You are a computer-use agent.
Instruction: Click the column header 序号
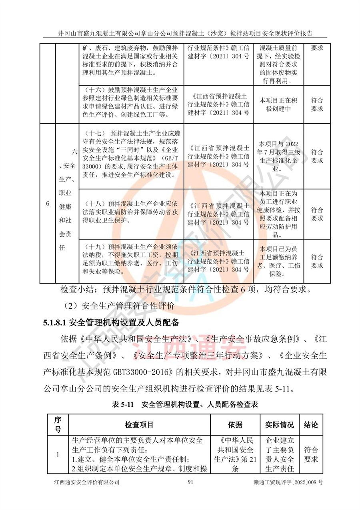[x=58, y=424]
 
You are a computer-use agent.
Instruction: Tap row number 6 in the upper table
[x=48, y=204]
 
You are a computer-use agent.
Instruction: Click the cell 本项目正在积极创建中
[x=279, y=104]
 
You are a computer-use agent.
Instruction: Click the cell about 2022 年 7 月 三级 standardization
[x=279, y=157]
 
